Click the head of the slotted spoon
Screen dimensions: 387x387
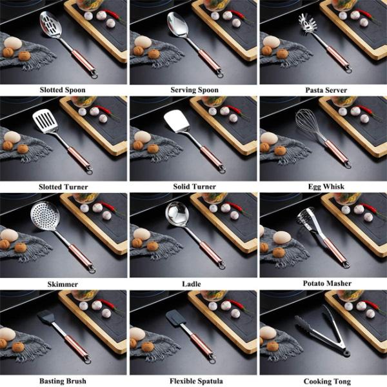[x=50, y=25]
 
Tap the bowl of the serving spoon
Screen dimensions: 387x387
[x=178, y=25]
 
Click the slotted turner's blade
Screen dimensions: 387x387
[x=45, y=121]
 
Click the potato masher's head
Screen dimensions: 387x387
[x=306, y=218]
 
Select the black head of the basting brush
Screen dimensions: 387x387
[x=45, y=317]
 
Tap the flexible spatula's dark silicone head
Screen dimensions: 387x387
[x=175, y=318]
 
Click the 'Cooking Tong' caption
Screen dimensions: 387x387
[x=327, y=381]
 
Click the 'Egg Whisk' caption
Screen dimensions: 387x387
[x=326, y=186]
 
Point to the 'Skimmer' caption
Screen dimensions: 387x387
[x=63, y=284]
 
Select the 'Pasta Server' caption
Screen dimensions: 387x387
[x=326, y=90]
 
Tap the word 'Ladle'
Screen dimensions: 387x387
[x=192, y=284]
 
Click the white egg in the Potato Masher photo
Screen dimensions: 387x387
[x=282, y=237]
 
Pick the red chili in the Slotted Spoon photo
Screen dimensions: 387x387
[x=112, y=14]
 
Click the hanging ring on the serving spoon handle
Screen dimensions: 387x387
[x=219, y=74]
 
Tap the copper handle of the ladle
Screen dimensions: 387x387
[x=211, y=252]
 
